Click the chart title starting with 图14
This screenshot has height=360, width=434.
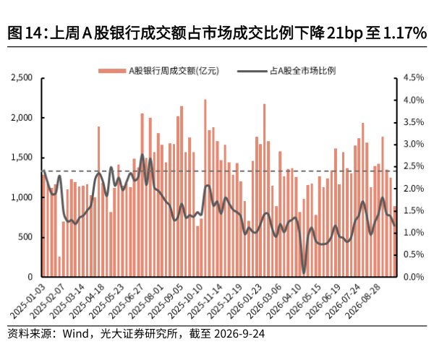pyautogui.click(x=217, y=33)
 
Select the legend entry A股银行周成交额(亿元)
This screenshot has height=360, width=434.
pyautogui.click(x=159, y=71)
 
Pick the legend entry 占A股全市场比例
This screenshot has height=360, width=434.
pyautogui.click(x=286, y=71)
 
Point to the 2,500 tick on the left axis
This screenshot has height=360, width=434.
pyautogui.click(x=22, y=78)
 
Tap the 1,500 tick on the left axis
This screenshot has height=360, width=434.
pyautogui.click(x=22, y=158)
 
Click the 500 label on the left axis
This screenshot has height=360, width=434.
pyautogui.click(x=25, y=237)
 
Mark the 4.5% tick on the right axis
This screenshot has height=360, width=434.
pyautogui.click(x=414, y=78)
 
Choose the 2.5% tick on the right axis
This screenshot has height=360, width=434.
pyautogui.click(x=414, y=166)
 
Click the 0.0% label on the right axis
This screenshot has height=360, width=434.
pyautogui.click(x=414, y=277)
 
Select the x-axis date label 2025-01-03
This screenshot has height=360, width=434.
pyautogui.click(x=27, y=301)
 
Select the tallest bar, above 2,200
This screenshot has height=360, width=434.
pyautogui.click(x=205, y=188)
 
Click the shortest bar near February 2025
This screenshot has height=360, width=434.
pyautogui.click(x=59, y=267)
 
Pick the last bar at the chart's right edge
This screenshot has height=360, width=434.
pyautogui.click(x=395, y=241)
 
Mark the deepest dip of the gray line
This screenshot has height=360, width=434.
pyautogui.click(x=304, y=273)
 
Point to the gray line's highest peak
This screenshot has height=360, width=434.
pyautogui.click(x=142, y=155)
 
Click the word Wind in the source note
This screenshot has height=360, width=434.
pyautogui.click(x=75, y=334)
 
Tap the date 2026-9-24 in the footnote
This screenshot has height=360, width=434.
pyautogui.click(x=239, y=334)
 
